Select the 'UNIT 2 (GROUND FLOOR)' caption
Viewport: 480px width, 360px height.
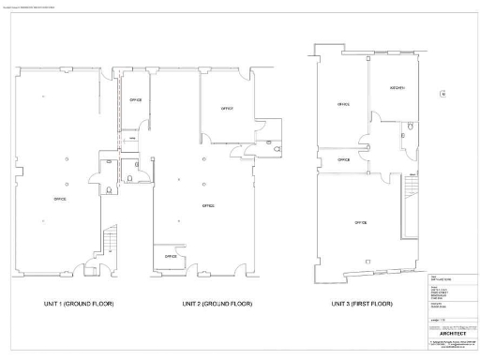coord(217,304)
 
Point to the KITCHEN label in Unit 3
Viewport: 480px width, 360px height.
coord(397,88)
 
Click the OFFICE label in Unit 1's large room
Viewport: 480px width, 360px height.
coord(60,199)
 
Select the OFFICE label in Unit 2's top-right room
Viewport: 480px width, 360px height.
coord(226,109)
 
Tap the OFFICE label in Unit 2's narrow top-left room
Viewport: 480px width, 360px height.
coord(136,99)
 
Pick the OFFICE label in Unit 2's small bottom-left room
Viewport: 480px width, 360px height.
coord(171,256)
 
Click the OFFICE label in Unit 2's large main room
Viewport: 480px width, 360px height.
coord(207,204)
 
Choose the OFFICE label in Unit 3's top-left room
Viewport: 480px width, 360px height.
coord(343,104)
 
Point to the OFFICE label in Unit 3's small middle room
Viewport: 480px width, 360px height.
coord(344,159)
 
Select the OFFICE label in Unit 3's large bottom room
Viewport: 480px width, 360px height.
coord(359,222)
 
